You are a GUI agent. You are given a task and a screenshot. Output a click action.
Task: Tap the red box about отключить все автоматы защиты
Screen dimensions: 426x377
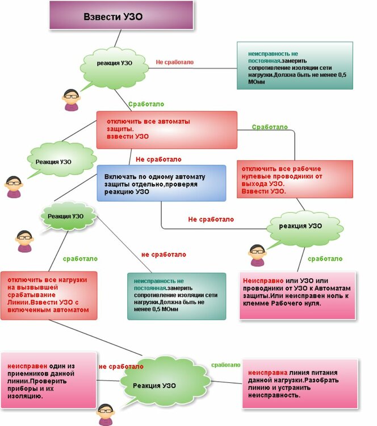[166, 130]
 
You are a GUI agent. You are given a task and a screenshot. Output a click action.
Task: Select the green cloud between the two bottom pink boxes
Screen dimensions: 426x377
[154, 385]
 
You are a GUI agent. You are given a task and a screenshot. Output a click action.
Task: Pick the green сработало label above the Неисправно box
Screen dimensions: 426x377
[325, 258]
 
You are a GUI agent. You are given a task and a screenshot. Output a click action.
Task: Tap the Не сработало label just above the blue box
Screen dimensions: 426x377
[158, 159]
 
